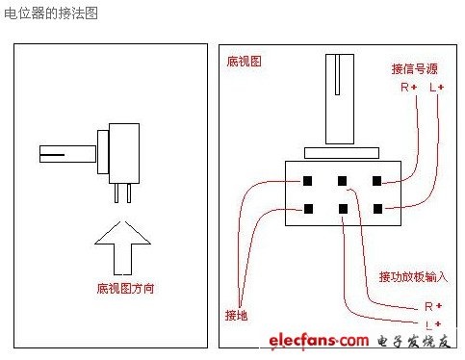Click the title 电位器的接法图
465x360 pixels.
51,13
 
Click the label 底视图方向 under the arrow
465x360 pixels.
125,288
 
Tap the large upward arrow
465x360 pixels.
122,247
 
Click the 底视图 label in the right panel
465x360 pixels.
244,62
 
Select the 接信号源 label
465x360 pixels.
414,69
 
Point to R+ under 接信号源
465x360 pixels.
409,87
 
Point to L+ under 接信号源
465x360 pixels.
436,87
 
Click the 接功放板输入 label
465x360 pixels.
413,276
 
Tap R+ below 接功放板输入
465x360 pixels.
433,306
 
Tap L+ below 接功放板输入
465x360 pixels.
433,324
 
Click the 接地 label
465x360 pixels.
236,315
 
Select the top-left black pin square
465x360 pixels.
307,181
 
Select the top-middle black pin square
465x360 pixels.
342,181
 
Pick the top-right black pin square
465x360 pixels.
376,181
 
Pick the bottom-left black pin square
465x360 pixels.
308,209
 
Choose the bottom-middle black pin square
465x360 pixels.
343,209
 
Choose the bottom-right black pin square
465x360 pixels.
378,209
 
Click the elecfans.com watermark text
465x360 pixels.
319,341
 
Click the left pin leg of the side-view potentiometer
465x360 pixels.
116,193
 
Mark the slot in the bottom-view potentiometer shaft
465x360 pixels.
337,75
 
